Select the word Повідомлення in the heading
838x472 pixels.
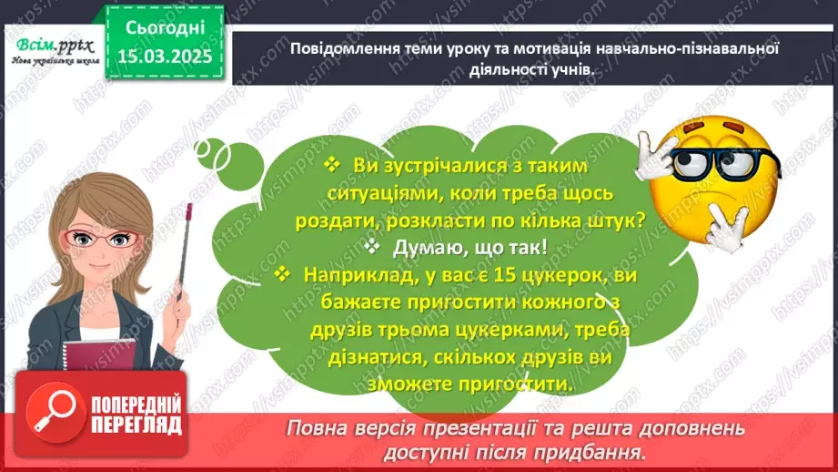click(335, 49)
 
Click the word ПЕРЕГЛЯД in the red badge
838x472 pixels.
click(136, 425)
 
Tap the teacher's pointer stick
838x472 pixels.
click(187, 264)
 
